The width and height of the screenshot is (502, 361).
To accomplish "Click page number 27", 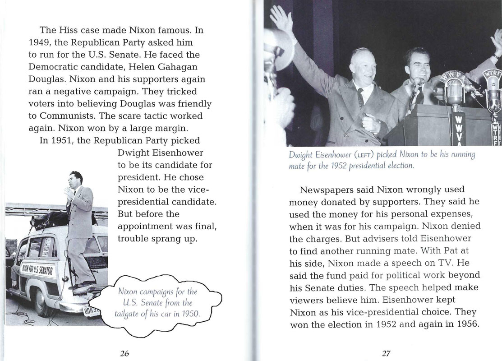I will (386, 353).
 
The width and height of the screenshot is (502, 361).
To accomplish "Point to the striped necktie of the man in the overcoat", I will (361, 97).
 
